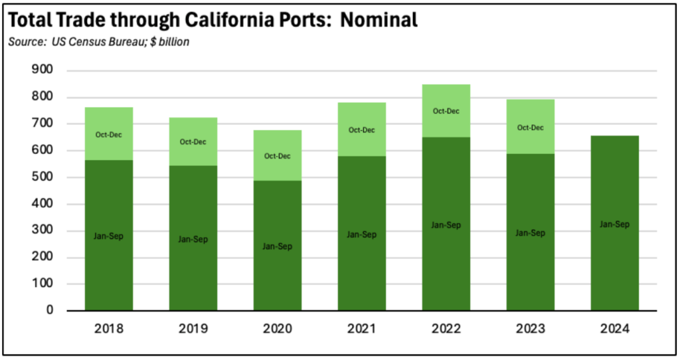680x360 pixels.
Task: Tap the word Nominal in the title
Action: tap(381, 20)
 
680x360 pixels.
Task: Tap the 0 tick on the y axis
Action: tap(49, 310)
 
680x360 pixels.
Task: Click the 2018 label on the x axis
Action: tap(109, 328)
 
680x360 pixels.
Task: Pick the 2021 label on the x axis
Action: tap(362, 328)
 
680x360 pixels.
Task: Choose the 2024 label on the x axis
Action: tap(614, 328)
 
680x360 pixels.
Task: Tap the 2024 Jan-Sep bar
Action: tap(614, 266)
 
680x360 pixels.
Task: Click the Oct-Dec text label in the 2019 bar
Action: tap(193, 141)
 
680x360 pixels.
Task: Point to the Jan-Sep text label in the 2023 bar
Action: tap(530, 233)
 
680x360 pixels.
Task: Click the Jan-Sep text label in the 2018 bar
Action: tap(109, 236)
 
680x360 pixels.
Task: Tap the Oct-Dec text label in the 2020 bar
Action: tap(278, 156)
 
